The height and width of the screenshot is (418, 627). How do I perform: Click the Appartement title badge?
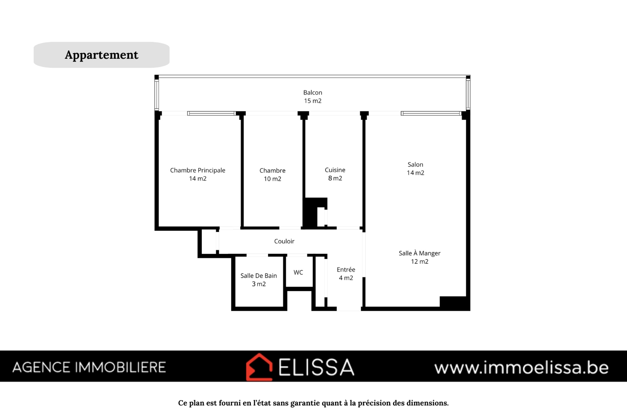(x=101, y=55)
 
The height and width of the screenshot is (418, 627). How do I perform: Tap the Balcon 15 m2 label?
(x=313, y=96)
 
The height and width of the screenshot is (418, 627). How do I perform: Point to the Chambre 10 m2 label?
(x=272, y=175)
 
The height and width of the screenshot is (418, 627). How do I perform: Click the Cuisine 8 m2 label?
(x=335, y=174)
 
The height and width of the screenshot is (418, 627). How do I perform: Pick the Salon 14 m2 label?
(x=415, y=169)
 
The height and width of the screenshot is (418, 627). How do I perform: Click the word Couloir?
(x=284, y=241)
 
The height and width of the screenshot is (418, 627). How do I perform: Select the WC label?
(x=298, y=272)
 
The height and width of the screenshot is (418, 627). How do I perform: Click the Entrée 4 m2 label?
(x=346, y=273)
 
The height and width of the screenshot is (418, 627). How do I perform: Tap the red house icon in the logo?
(x=259, y=367)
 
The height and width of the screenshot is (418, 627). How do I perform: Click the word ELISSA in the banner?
(x=316, y=367)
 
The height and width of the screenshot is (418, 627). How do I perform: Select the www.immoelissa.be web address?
(x=521, y=367)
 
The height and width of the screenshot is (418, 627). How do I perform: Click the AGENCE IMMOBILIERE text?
(x=89, y=367)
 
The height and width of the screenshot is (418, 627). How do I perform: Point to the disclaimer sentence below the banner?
(x=313, y=403)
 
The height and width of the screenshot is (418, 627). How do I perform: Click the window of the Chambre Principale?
(x=212, y=113)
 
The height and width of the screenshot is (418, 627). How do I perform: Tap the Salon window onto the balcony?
(x=431, y=113)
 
